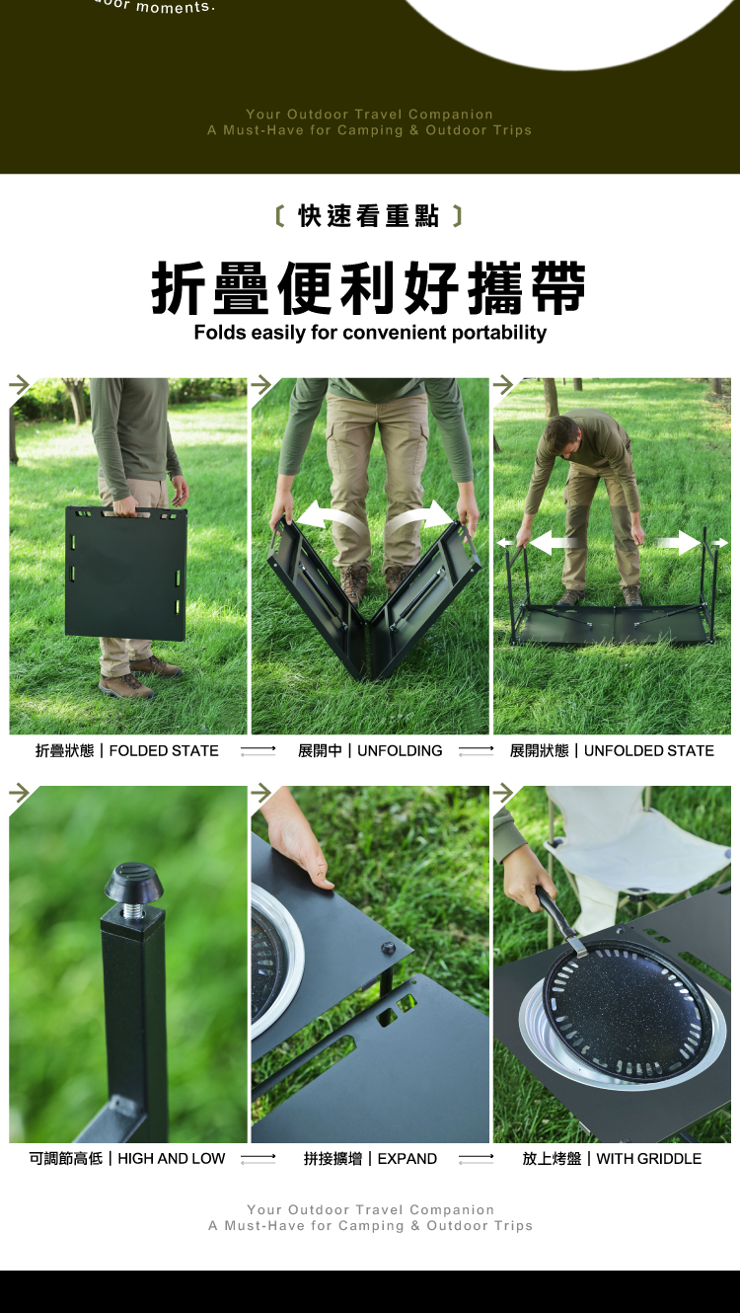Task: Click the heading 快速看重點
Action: tap(369, 215)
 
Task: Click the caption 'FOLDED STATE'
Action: tap(164, 751)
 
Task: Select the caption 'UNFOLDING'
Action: tap(400, 751)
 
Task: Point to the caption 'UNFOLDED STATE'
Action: tap(649, 751)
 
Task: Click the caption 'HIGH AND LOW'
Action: tap(171, 1159)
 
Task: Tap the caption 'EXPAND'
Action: tap(407, 1159)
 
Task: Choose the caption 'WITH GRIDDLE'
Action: tap(648, 1159)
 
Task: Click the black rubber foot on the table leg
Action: tap(134, 883)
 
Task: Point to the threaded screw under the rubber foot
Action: tap(133, 910)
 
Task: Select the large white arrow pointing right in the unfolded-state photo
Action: tap(678, 542)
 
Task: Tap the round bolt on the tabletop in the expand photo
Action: tap(388, 947)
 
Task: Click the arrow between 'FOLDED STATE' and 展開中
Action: tap(258, 751)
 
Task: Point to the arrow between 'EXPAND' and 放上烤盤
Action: tap(476, 1159)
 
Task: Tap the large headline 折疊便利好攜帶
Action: tap(369, 288)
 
